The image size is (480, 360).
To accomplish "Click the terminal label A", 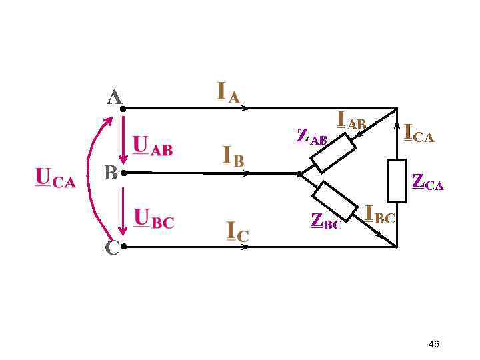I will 115,97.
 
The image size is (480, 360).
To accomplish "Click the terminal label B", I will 111,173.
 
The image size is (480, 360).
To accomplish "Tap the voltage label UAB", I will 153,147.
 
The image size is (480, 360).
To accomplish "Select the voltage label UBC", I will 154,219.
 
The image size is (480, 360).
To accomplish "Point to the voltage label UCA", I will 55,179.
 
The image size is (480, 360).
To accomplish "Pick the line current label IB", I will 233,157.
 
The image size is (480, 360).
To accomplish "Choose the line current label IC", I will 237,231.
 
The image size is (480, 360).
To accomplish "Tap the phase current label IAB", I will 352,121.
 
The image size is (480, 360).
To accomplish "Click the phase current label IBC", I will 380,215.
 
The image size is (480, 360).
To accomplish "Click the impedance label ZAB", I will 311,137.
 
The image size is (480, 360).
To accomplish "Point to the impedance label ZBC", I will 326,221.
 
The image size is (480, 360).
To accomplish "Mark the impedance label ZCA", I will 427,181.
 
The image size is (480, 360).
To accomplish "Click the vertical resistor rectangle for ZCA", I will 397,181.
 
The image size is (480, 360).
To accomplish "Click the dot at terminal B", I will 124,173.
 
